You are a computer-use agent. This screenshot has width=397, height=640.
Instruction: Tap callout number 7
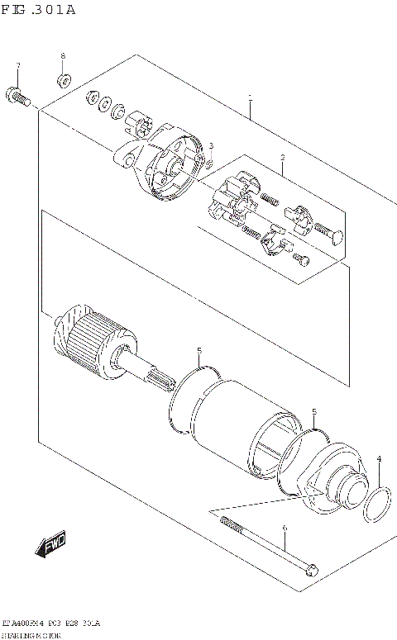tap(18, 65)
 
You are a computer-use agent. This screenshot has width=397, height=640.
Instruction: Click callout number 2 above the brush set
tap(282, 157)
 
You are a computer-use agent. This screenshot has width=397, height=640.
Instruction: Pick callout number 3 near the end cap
tap(211, 146)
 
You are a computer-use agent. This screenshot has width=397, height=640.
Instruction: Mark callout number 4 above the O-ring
tap(379, 459)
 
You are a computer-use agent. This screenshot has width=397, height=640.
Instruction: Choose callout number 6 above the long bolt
tap(284, 529)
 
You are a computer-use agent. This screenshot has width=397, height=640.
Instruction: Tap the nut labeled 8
tap(63, 81)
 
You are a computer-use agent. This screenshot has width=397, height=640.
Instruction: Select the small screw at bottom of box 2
tap(304, 261)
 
